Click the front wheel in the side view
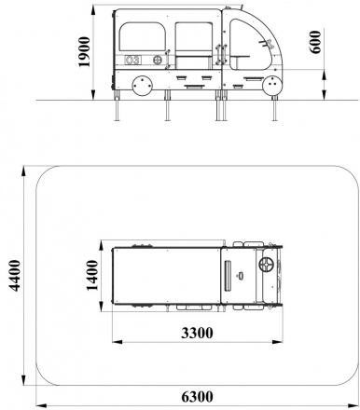click(x=272, y=86)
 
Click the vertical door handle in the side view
click(x=220, y=51)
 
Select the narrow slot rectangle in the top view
click(x=227, y=277)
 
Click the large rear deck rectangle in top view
click(x=164, y=277)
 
